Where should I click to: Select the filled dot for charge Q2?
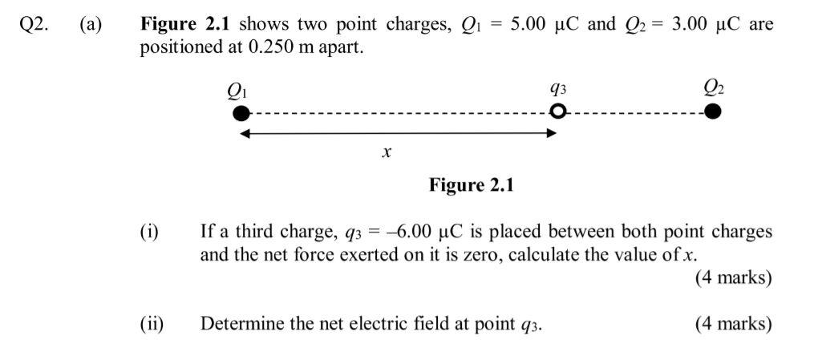[x=713, y=111]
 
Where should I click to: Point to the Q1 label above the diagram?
[x=238, y=89]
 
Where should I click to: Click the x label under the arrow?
[x=387, y=152]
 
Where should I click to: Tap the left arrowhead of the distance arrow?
[x=246, y=133]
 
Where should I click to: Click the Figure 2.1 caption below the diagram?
[x=471, y=186]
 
